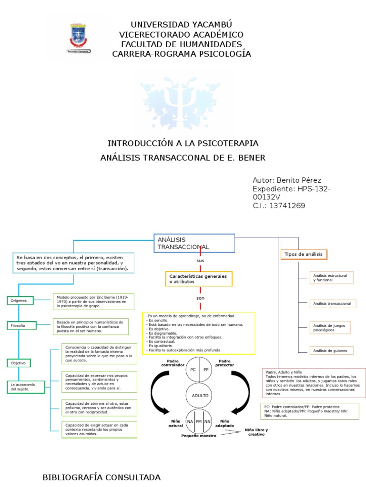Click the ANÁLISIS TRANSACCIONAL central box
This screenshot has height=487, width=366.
(194, 243)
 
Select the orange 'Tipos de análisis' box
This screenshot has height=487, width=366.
(304, 254)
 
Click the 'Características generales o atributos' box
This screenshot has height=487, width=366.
(199, 279)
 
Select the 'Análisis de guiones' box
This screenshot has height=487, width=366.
(326, 351)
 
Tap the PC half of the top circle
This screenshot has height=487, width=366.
(193, 369)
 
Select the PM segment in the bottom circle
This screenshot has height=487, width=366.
(199, 421)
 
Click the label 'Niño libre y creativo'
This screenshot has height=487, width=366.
(256, 432)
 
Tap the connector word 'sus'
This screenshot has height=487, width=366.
(200, 261)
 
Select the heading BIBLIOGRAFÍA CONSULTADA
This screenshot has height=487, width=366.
(102, 477)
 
